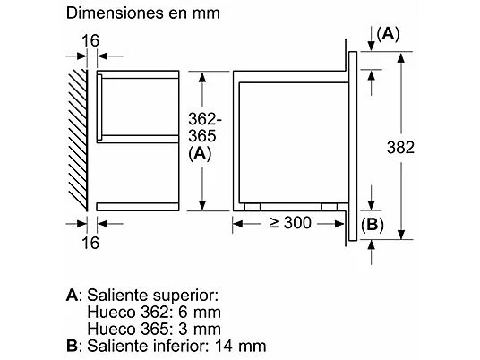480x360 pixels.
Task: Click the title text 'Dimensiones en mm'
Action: [143, 13]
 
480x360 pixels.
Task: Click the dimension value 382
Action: [400, 147]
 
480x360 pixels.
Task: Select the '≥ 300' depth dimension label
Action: [290, 223]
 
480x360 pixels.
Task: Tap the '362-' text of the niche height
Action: [204, 119]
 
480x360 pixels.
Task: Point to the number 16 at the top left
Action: [90, 41]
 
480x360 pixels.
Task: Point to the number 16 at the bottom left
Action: [90, 243]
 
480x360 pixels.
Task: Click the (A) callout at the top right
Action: [388, 34]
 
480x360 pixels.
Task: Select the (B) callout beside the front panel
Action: [373, 225]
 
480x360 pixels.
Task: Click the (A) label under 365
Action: [201, 154]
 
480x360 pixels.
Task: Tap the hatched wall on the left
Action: [78, 140]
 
